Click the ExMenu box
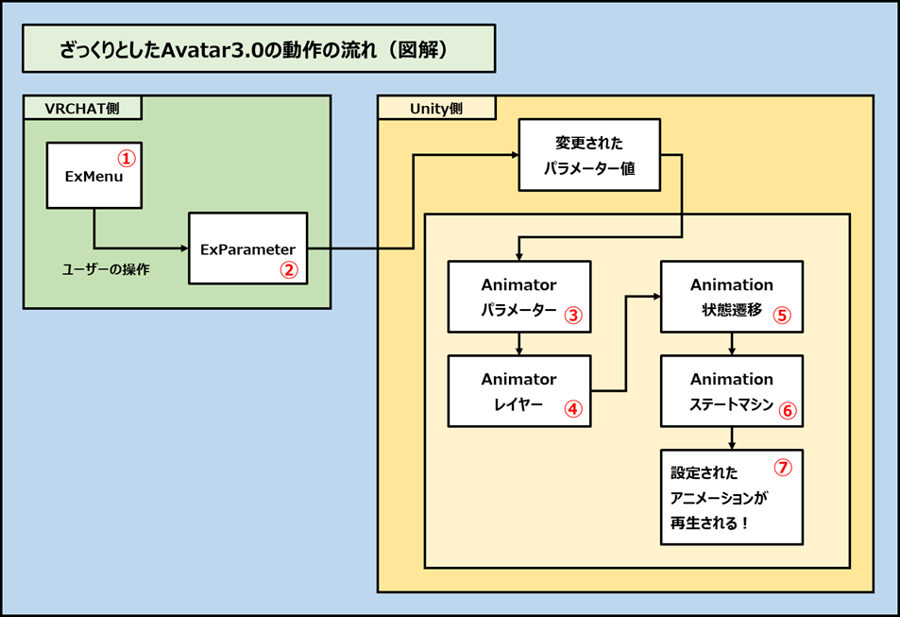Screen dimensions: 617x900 pos(93,176)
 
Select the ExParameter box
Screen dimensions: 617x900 pos(247,248)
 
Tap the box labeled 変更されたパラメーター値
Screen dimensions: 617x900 pos(588,155)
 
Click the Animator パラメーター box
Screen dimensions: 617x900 pos(518,297)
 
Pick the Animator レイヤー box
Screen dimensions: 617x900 pos(518,390)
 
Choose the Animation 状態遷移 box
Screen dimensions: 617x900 pos(731,297)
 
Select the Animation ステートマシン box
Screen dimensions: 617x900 pos(731,390)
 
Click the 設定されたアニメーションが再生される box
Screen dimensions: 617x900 pos(731,497)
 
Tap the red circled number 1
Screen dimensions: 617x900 pos(126,158)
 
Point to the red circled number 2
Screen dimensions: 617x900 pos(289,268)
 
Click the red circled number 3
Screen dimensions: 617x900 pos(572,316)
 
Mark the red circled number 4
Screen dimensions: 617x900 pos(572,409)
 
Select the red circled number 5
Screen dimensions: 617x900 pos(781,316)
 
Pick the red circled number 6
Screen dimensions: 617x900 pos(787,410)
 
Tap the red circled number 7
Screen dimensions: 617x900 pos(782,467)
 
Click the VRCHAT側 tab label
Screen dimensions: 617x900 pos(82,108)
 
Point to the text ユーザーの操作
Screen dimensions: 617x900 pos(106,269)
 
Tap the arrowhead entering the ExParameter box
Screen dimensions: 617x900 pos(183,249)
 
